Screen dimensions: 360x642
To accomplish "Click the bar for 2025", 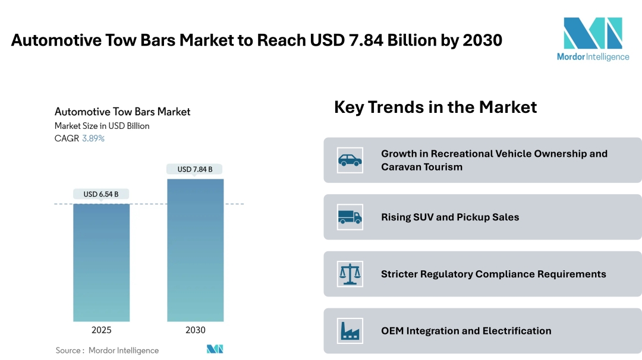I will click(x=101, y=262).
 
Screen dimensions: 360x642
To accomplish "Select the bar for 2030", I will click(x=196, y=250).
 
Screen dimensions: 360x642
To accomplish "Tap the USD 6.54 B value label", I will click(x=101, y=194).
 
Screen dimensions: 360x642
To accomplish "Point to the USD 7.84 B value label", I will click(x=195, y=169).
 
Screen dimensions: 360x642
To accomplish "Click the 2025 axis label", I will click(x=101, y=330).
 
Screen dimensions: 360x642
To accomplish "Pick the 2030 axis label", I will click(x=196, y=330).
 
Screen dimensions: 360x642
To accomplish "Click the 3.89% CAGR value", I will click(x=93, y=138).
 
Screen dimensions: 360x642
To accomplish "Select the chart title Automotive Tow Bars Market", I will click(x=122, y=112).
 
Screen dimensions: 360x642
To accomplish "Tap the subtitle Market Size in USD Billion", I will click(x=102, y=126).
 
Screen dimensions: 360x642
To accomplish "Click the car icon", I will click(x=350, y=160).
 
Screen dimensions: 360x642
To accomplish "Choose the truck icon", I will click(x=350, y=217).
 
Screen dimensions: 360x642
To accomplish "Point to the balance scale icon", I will click(x=350, y=274).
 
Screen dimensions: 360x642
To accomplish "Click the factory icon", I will click(x=350, y=331).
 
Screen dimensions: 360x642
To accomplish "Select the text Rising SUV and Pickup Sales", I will click(x=450, y=217).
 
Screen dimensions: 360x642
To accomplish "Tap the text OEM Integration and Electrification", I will click(x=466, y=331).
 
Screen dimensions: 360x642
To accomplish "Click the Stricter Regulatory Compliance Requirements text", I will click(x=493, y=274).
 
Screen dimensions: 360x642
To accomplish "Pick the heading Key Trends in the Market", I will click(x=435, y=107).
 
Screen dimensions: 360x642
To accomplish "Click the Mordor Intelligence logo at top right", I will click(x=593, y=39).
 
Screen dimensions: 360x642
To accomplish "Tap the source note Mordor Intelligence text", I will click(x=124, y=350).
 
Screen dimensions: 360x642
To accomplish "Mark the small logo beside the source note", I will click(x=215, y=349).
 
